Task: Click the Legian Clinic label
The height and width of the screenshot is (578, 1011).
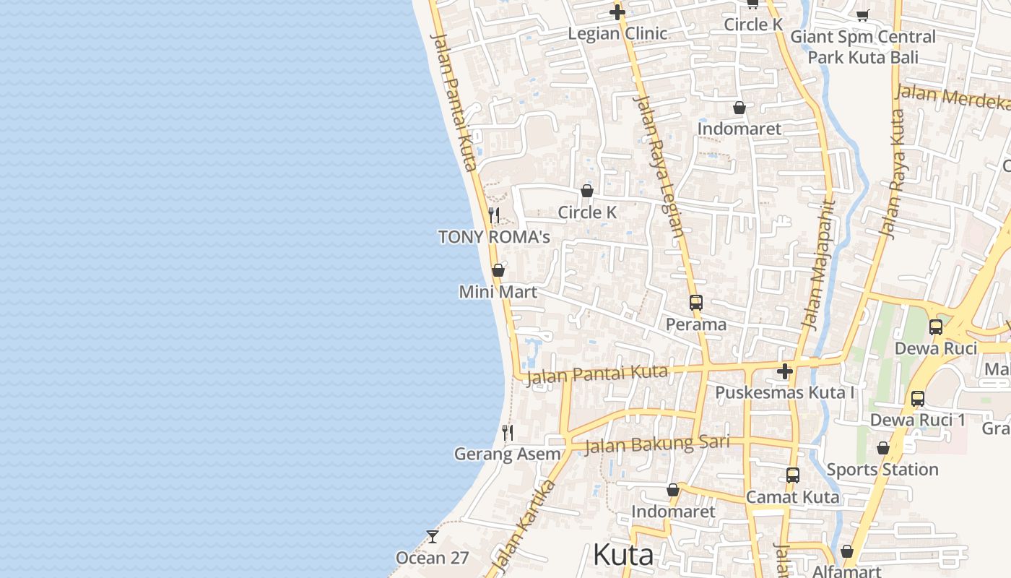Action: tap(617, 33)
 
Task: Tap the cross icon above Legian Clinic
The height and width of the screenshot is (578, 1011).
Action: tap(617, 12)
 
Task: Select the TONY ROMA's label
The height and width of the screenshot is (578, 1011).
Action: tap(494, 237)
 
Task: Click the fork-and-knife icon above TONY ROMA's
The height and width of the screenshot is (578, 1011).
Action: tap(494, 215)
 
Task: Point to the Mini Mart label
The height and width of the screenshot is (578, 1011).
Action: tap(498, 292)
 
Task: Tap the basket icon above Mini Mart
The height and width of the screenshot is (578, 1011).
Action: tap(498, 270)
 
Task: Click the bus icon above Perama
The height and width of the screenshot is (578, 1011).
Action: tap(696, 303)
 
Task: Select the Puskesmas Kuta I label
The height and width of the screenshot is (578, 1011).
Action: tap(785, 393)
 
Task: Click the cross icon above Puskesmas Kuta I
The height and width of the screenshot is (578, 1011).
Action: tap(785, 372)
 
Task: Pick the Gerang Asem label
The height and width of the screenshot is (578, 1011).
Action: tap(507, 454)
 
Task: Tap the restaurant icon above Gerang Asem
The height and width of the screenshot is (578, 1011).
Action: tap(508, 433)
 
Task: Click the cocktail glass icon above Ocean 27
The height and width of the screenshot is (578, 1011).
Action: tap(433, 537)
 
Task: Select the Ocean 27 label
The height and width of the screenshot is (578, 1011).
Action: tap(433, 558)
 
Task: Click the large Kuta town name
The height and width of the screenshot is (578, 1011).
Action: tap(623, 555)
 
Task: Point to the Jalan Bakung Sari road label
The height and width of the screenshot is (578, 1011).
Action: tap(656, 444)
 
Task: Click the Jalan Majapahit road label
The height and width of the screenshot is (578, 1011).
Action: tap(817, 265)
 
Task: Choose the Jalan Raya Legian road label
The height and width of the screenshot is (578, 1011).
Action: tap(659, 167)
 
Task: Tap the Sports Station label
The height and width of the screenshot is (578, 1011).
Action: tap(882, 470)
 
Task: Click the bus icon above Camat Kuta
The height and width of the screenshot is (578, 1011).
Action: tap(793, 475)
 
